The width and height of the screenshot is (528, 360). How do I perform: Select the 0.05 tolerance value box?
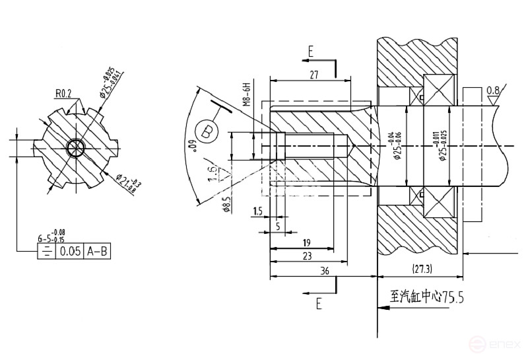(70, 252)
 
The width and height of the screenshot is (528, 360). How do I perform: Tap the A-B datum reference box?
(98, 252)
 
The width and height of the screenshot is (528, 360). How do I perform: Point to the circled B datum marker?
(208, 131)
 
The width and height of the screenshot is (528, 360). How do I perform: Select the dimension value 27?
(314, 76)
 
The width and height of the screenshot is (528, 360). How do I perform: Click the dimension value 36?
(324, 271)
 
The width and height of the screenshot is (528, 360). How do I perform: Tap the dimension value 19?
(308, 242)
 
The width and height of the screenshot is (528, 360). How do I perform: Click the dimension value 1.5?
(257, 211)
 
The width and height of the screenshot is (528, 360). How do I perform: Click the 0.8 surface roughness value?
(492, 90)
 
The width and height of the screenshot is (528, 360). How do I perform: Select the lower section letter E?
(318, 304)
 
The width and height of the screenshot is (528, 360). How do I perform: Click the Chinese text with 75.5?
(427, 298)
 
